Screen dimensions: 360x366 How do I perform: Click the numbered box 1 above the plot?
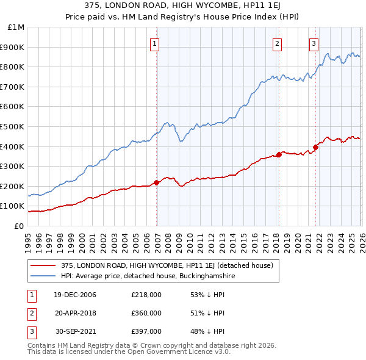tap(155, 43)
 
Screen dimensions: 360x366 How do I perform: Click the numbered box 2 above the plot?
tap(277, 43)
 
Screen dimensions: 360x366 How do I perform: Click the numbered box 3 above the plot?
tap(314, 43)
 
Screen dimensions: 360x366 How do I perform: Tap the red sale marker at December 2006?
tap(157, 182)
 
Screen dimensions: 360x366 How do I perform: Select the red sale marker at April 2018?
tap(279, 154)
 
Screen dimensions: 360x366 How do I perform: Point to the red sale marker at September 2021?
tap(316, 146)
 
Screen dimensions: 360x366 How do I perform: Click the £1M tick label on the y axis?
tap(15, 27)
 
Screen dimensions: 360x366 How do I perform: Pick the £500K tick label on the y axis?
tap(13, 127)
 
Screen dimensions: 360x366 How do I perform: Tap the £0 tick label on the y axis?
tap(18, 226)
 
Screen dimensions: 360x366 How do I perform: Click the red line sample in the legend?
tap(44, 265)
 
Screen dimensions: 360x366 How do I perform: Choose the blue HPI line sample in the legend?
tap(44, 276)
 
